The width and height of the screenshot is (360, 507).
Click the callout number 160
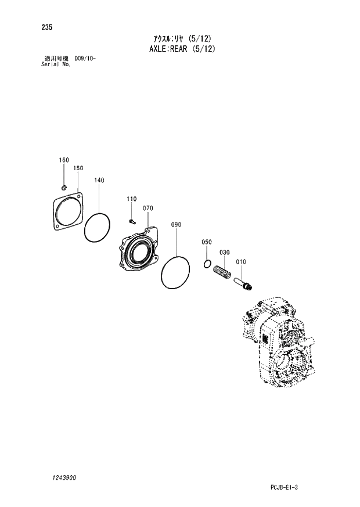[63, 160]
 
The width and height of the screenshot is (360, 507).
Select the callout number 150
[78, 168]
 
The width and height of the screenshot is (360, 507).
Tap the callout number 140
[99, 181]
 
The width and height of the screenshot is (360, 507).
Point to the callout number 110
[132, 199]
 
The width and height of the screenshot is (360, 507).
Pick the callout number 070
[147, 208]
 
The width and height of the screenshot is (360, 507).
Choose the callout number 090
[176, 224]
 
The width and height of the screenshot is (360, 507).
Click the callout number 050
[207, 242]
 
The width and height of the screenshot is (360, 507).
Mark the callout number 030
[225, 252]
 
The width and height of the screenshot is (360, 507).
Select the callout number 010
[241, 262]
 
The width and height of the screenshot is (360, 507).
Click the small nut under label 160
[64, 187]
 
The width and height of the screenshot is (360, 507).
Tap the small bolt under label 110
[132, 220]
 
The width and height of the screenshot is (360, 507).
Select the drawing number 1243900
[59, 477]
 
